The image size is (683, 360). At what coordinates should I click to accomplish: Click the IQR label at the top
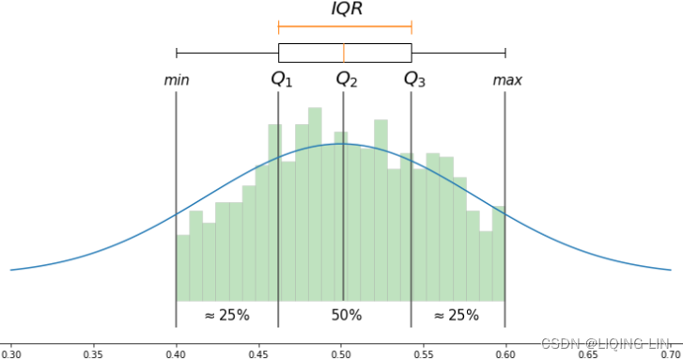tap(346, 9)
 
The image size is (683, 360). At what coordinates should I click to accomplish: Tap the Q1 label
tap(282, 80)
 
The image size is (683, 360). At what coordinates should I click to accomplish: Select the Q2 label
tap(347, 80)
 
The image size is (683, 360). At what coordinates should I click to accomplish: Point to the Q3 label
tap(414, 80)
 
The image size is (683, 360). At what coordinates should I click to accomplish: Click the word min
tap(177, 81)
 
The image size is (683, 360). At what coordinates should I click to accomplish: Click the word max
tap(507, 81)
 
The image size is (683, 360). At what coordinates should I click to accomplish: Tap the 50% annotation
tap(347, 315)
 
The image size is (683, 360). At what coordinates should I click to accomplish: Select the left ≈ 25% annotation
tap(226, 316)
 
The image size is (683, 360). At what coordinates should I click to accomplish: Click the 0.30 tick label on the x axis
tap(11, 355)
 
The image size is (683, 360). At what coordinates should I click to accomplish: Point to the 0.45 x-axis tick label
tap(258, 355)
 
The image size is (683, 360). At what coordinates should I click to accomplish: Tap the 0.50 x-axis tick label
tap(341, 355)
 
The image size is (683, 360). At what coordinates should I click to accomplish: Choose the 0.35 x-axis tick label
tap(93, 355)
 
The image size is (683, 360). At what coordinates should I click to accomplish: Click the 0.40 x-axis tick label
tap(176, 355)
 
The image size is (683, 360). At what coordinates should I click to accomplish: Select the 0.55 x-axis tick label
tap(424, 355)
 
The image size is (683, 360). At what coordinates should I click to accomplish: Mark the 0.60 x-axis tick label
tap(506, 355)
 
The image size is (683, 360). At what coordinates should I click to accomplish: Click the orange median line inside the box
tap(344, 53)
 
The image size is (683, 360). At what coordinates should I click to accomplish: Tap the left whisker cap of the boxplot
tap(177, 53)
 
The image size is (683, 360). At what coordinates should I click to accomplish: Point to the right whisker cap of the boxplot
tap(505, 53)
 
